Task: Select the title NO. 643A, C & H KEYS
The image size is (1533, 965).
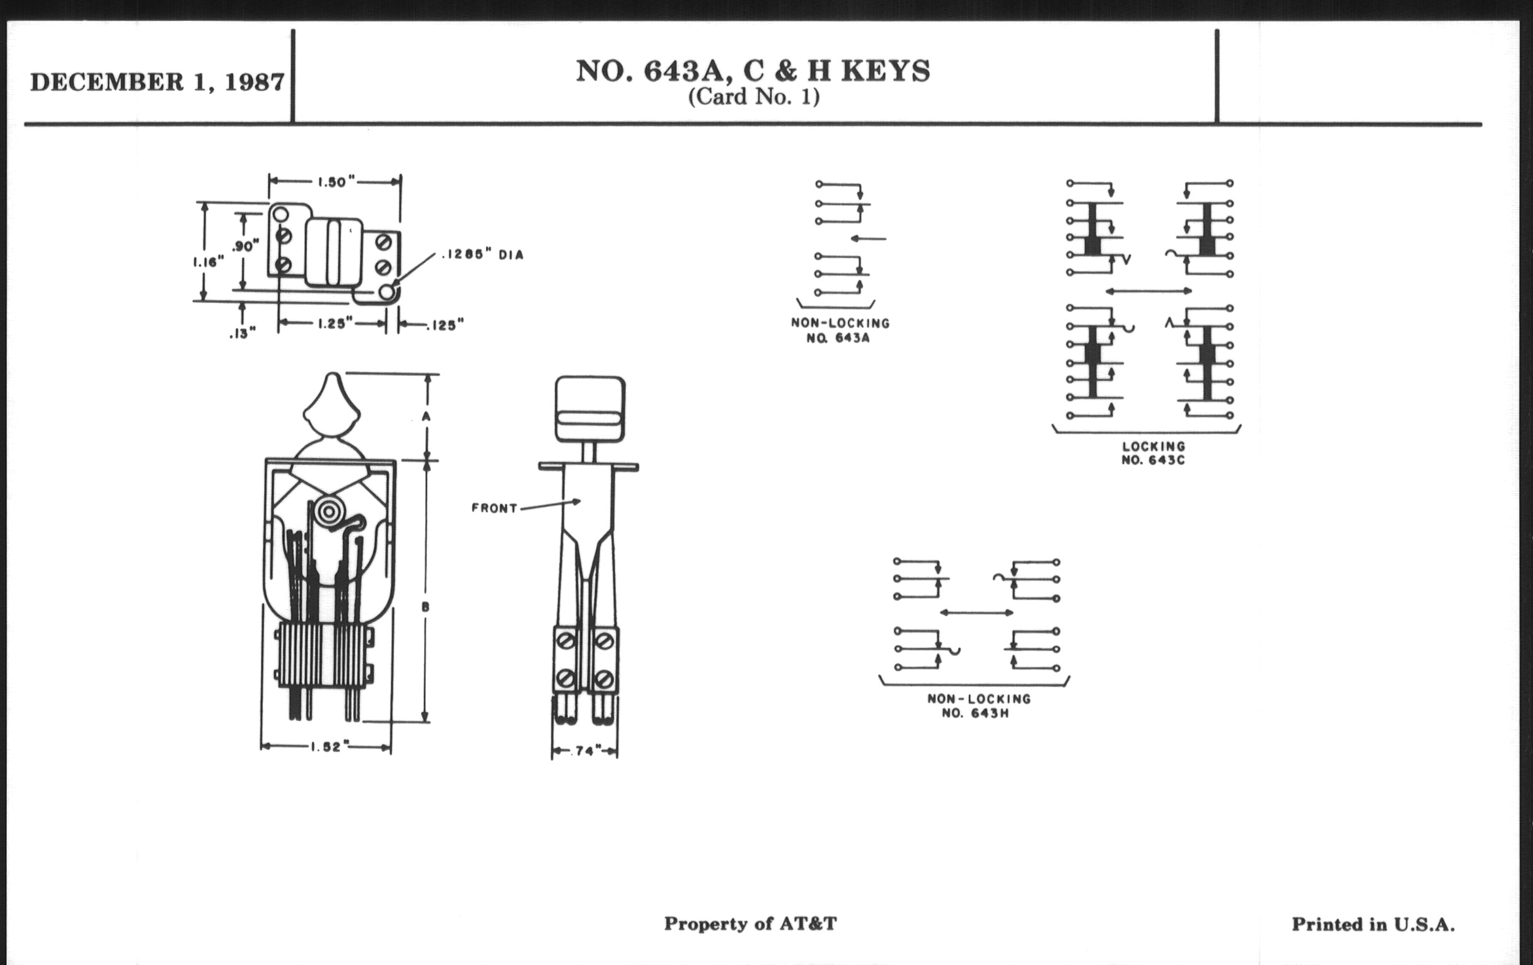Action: pos(753,71)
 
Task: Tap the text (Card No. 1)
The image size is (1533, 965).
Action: pos(754,97)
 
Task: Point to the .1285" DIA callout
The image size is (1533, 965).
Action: pos(482,255)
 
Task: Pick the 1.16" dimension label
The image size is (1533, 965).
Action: pos(209,261)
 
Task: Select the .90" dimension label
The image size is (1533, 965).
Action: pos(246,246)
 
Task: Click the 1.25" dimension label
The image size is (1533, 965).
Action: pos(335,324)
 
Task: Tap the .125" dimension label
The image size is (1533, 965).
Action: pos(445,325)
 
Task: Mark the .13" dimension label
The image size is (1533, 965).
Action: pos(243,333)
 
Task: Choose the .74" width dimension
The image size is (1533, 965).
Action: pos(584,752)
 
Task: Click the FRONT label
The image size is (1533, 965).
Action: pos(494,508)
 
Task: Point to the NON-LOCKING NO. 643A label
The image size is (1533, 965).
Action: pos(840,330)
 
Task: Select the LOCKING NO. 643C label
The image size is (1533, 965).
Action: pos(1153,453)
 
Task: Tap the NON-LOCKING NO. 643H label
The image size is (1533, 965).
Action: pos(978,706)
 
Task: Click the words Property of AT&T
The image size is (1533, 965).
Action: pos(750,923)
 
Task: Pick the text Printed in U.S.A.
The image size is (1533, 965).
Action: pos(1372,924)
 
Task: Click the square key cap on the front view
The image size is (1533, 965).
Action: pos(589,408)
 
